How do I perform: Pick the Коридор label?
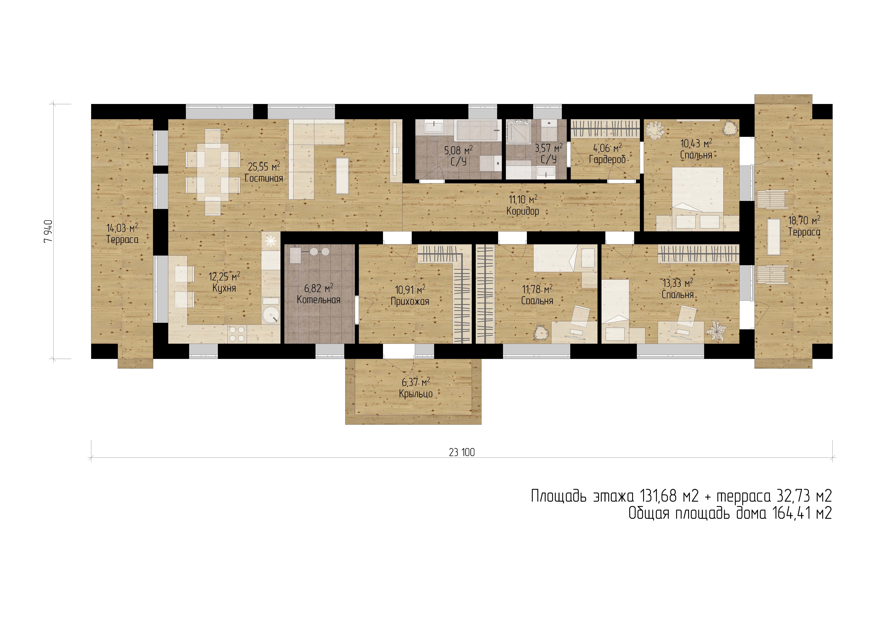coord(523,211)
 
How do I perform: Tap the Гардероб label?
coord(607,160)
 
